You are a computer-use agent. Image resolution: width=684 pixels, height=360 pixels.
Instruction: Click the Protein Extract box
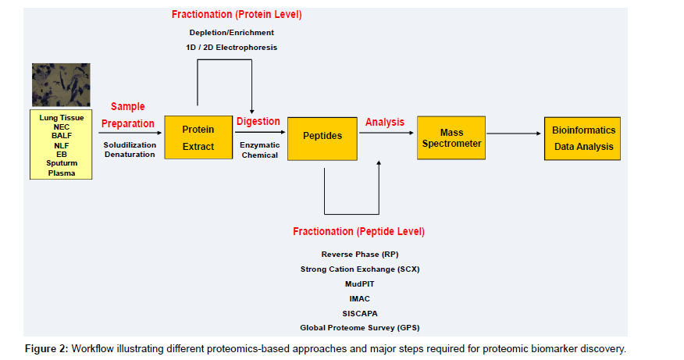tap(198, 137)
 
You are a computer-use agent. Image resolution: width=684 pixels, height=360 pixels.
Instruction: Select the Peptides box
tap(322, 137)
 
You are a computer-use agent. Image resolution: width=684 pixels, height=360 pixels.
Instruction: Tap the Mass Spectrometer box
tap(451, 137)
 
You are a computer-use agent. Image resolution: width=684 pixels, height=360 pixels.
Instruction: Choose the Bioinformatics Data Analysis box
tap(583, 138)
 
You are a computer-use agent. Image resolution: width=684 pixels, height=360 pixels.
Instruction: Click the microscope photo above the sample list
tap(61, 84)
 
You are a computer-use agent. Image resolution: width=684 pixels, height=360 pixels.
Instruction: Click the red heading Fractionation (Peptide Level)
tap(358, 232)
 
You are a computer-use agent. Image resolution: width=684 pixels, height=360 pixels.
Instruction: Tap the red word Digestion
tap(258, 121)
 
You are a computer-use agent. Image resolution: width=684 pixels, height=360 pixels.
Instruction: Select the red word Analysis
tap(385, 122)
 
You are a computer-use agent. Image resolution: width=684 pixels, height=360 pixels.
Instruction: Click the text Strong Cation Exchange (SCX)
tap(358, 269)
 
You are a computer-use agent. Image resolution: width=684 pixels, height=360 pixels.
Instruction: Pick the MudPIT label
tap(359, 283)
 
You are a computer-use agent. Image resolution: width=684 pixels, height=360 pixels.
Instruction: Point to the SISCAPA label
tap(359, 313)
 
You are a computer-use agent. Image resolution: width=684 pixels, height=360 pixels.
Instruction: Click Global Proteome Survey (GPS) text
tap(359, 328)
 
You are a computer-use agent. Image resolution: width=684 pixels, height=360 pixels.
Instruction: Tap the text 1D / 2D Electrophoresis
tap(232, 48)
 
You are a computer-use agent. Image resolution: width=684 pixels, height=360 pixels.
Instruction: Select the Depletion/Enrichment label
tap(232, 33)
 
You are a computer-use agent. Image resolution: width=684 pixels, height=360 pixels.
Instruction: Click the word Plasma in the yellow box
tap(61, 173)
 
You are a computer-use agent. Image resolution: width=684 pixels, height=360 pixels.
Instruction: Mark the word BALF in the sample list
tap(61, 135)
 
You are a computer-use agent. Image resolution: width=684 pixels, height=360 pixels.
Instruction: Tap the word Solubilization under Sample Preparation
tap(130, 144)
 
